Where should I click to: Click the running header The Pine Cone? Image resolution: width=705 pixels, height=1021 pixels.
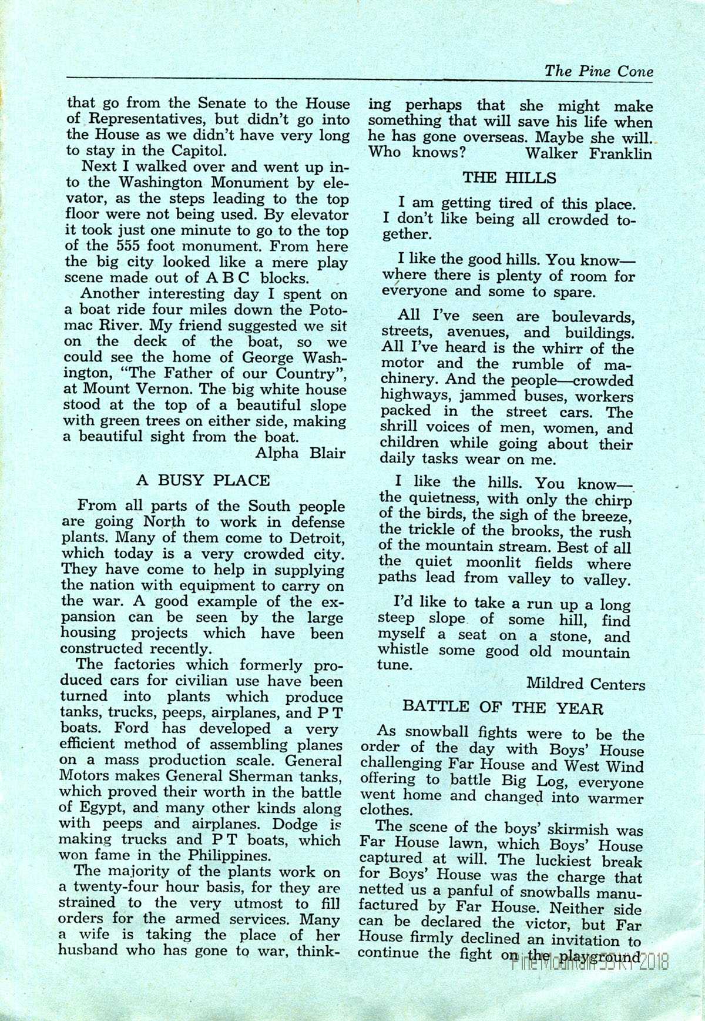[599, 71]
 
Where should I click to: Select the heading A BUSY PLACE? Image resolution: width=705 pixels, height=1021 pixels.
[203, 480]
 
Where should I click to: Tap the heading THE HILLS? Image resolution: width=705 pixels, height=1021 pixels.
[509, 177]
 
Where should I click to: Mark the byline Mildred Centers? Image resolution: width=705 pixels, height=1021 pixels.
[585, 684]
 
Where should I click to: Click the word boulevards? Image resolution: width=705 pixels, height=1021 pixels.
[592, 317]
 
